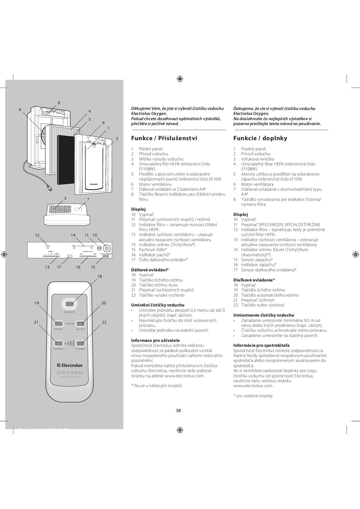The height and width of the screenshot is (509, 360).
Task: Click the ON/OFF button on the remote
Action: coord(69,304)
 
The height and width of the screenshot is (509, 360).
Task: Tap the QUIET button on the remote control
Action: coord(59,324)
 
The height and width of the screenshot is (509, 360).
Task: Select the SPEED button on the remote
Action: coord(59,343)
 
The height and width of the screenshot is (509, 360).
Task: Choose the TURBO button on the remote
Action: coord(80,343)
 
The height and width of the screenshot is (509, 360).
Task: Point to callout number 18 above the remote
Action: coord(100,276)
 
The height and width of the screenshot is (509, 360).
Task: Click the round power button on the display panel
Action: coord(107,249)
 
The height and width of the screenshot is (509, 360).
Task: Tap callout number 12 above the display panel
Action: coord(37,235)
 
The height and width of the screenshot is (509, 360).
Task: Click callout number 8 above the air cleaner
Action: coord(59,103)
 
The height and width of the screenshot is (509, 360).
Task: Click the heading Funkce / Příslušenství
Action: coord(164,138)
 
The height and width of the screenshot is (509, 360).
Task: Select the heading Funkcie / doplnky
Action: coord(260,138)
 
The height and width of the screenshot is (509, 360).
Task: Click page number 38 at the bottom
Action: coord(178,410)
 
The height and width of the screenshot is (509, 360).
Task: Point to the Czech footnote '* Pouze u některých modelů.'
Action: coord(157,386)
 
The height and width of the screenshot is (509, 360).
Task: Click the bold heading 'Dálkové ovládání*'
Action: coord(150,270)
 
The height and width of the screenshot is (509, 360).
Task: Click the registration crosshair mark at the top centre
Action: coord(180,79)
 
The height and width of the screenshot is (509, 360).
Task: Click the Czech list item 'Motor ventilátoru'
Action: coord(155,184)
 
